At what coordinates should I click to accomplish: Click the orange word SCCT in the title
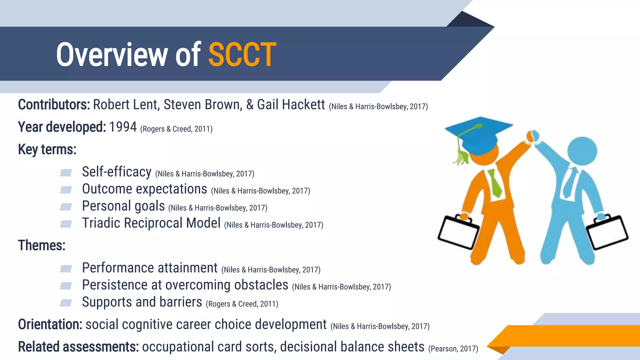pos(242,55)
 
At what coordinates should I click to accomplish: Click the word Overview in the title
pos(112,55)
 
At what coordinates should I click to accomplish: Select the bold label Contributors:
pos(54,105)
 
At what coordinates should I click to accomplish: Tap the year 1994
pos(122,127)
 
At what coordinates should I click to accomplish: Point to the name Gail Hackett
pos(291,105)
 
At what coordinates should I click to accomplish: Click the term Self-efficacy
pos(117,172)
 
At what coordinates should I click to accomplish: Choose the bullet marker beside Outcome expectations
pos(66,190)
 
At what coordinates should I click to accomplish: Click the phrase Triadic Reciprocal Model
pos(151,223)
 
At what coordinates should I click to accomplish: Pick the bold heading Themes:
pos(42,245)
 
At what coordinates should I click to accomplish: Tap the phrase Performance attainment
pos(150,268)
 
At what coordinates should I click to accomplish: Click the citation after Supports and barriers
pos(242,304)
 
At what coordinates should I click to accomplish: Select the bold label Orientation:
pos(50,324)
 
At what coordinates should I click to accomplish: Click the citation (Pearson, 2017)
pos(453,348)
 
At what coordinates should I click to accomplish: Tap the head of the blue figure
pos(582,151)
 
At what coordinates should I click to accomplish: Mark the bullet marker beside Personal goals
pos(66,207)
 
